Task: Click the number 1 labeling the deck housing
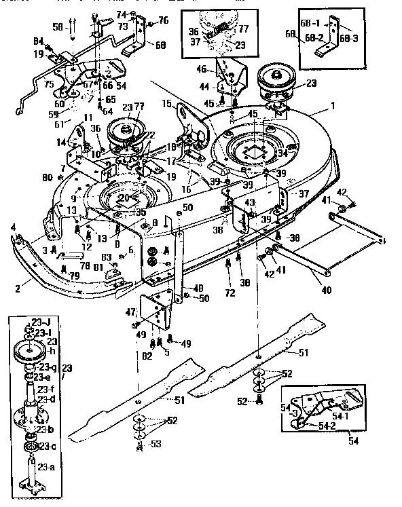point(333,107)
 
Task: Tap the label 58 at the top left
point(56,26)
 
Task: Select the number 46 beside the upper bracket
point(201,69)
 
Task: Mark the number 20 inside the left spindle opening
point(123,197)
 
